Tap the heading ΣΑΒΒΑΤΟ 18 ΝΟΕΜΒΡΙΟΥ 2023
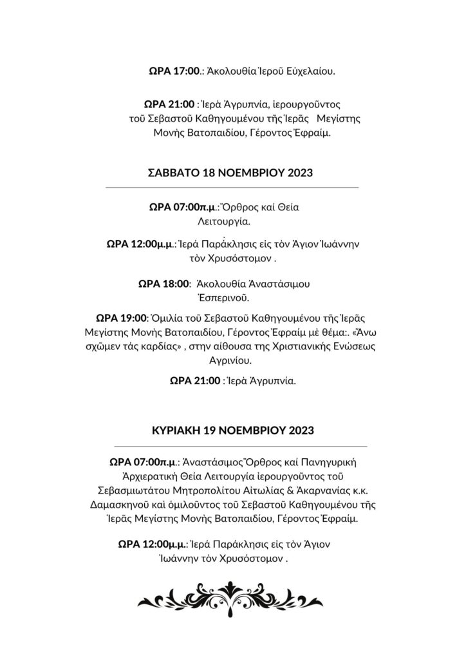coord(231,172)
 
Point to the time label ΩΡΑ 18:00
coord(164,283)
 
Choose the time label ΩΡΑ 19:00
coord(122,318)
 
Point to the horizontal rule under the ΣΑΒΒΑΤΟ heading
coord(231,187)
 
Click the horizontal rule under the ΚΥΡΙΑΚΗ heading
coord(239,445)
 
